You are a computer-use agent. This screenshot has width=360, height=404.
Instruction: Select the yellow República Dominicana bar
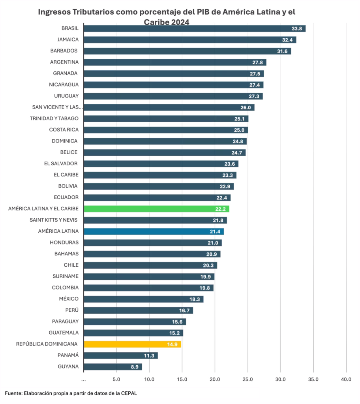[132, 344]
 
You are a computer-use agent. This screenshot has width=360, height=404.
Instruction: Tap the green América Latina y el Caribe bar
[157, 209]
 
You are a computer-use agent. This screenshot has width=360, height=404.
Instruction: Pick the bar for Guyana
[113, 367]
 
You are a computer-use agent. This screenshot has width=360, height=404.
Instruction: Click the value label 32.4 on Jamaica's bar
[288, 40]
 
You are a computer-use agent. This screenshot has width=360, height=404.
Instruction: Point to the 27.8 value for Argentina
[259, 62]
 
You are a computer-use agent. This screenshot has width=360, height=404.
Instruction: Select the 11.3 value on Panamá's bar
[150, 355]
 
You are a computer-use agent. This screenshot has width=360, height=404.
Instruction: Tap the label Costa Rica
[64, 129]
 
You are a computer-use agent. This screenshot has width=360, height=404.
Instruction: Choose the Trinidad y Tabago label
[54, 118]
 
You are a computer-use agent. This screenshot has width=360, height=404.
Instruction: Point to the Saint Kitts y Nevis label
[54, 220]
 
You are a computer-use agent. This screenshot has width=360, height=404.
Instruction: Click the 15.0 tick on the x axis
[182, 380]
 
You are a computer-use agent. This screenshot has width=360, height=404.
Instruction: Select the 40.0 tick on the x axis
[346, 380]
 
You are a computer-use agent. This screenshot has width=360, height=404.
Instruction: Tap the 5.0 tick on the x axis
[116, 380]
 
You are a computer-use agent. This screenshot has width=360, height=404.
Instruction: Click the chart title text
[167, 17]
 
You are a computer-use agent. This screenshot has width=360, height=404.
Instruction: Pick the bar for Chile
[150, 265]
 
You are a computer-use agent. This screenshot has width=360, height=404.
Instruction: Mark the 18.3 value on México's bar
[195, 299]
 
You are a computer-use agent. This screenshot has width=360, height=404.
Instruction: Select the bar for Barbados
[187, 51]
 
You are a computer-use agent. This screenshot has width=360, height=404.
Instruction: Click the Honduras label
[64, 242]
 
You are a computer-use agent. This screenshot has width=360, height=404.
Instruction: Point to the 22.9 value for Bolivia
[225, 186]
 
